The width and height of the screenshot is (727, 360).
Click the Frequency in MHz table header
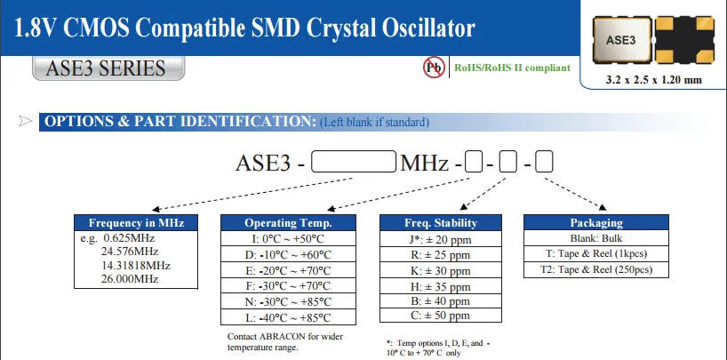click(136, 223)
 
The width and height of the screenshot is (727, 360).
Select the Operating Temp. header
click(288, 223)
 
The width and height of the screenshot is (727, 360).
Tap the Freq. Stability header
click(442, 223)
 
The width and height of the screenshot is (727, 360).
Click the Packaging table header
click(595, 223)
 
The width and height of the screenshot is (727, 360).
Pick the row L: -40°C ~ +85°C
click(288, 316)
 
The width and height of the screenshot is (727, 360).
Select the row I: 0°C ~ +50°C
click(288, 239)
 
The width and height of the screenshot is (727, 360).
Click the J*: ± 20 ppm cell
click(442, 239)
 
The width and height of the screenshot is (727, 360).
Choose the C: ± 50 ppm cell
click(442, 316)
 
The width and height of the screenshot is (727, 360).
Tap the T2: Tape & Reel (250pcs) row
click(595, 269)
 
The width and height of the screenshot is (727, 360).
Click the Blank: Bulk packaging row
click(595, 239)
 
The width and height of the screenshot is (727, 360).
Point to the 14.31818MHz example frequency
click(137, 265)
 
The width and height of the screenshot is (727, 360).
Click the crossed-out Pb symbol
click(434, 67)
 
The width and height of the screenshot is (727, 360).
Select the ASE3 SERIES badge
click(100, 68)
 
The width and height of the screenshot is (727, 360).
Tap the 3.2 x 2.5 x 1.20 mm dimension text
click(653, 80)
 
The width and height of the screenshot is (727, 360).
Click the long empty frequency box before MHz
click(356, 164)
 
